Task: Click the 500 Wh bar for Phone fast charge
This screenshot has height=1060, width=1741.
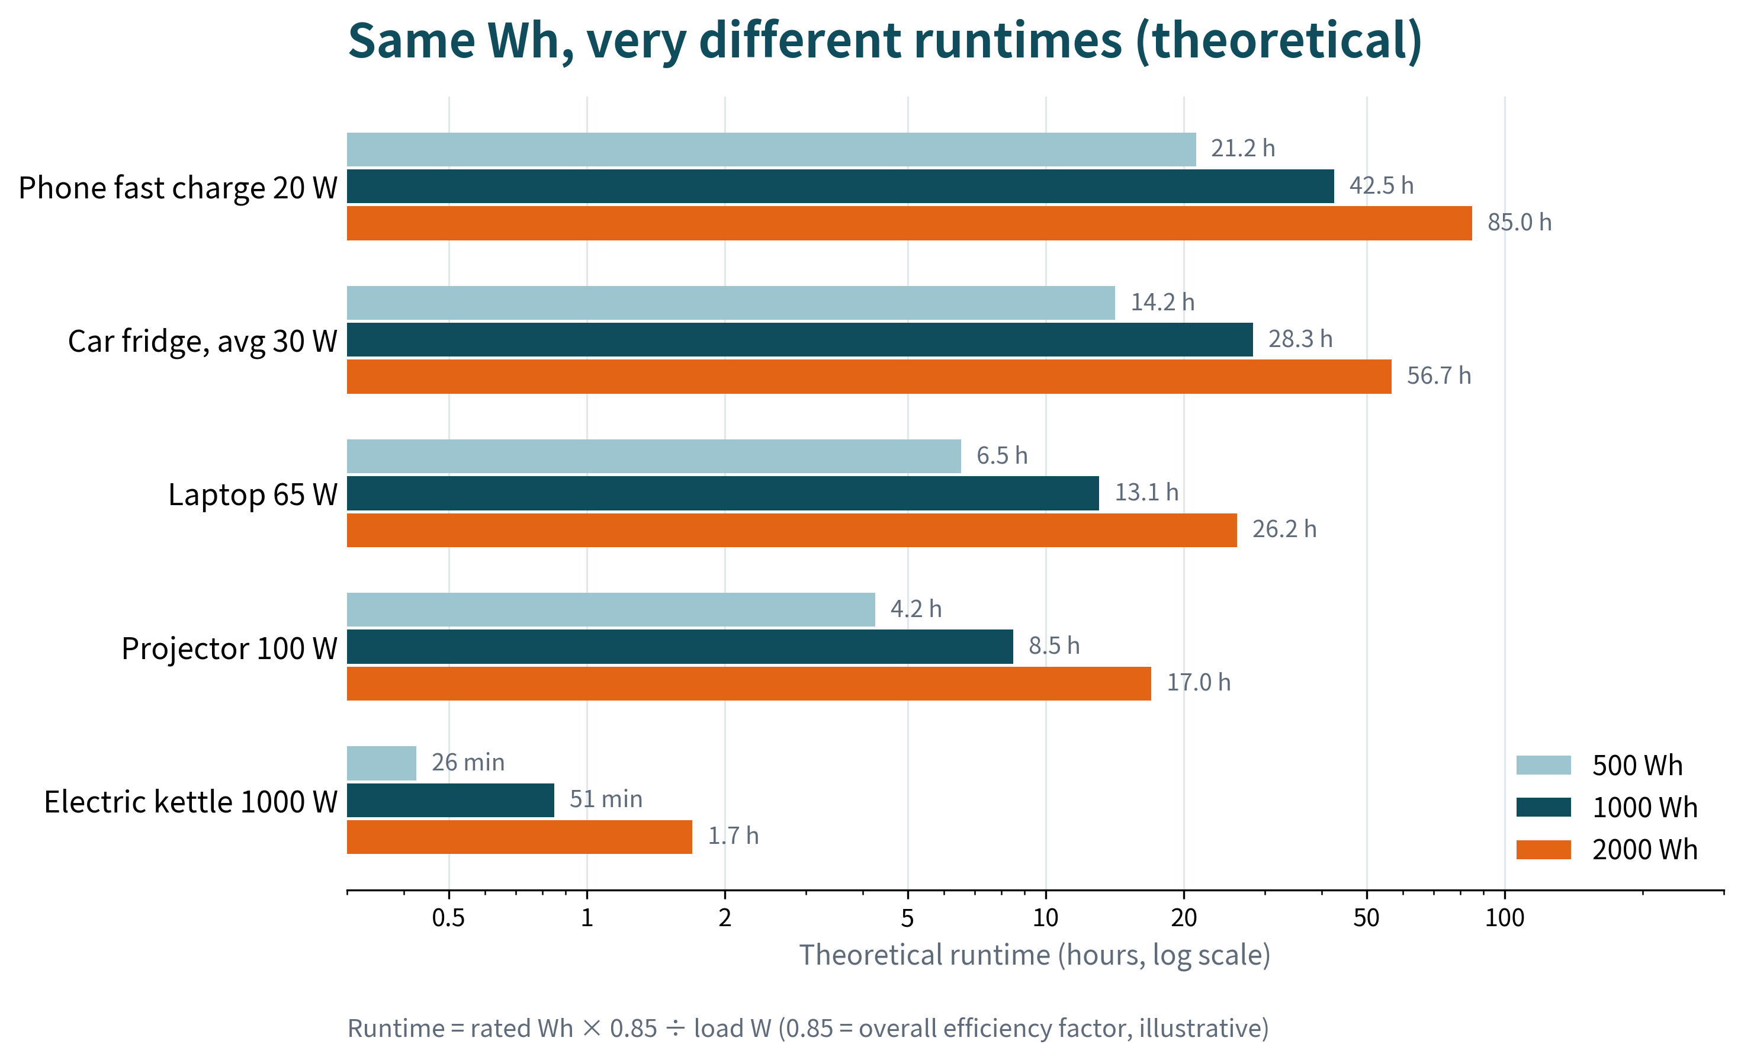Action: [771, 149]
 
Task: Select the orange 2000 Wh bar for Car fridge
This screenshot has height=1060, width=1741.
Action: [869, 377]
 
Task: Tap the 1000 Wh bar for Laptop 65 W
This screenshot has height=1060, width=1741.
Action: [723, 493]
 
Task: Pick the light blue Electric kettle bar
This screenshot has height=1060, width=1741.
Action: [381, 763]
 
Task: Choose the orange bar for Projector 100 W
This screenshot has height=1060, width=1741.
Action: [749, 683]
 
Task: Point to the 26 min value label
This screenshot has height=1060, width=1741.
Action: [468, 763]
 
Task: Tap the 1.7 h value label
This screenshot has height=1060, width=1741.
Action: [734, 836]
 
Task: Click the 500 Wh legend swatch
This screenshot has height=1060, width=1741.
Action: [1544, 765]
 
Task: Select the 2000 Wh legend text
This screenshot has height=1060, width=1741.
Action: [1645, 849]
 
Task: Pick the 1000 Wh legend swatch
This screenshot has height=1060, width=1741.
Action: [1544, 807]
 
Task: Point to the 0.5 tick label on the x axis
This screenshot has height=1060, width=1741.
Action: [449, 918]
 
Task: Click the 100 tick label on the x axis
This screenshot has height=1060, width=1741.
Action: [1505, 918]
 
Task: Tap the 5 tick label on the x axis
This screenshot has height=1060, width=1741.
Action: [908, 918]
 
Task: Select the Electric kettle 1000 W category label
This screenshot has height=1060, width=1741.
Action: [191, 802]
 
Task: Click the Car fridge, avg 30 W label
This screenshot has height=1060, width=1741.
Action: [203, 341]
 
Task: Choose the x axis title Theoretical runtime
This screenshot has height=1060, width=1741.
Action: [1035, 955]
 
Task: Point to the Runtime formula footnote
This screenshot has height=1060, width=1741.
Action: [808, 1028]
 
